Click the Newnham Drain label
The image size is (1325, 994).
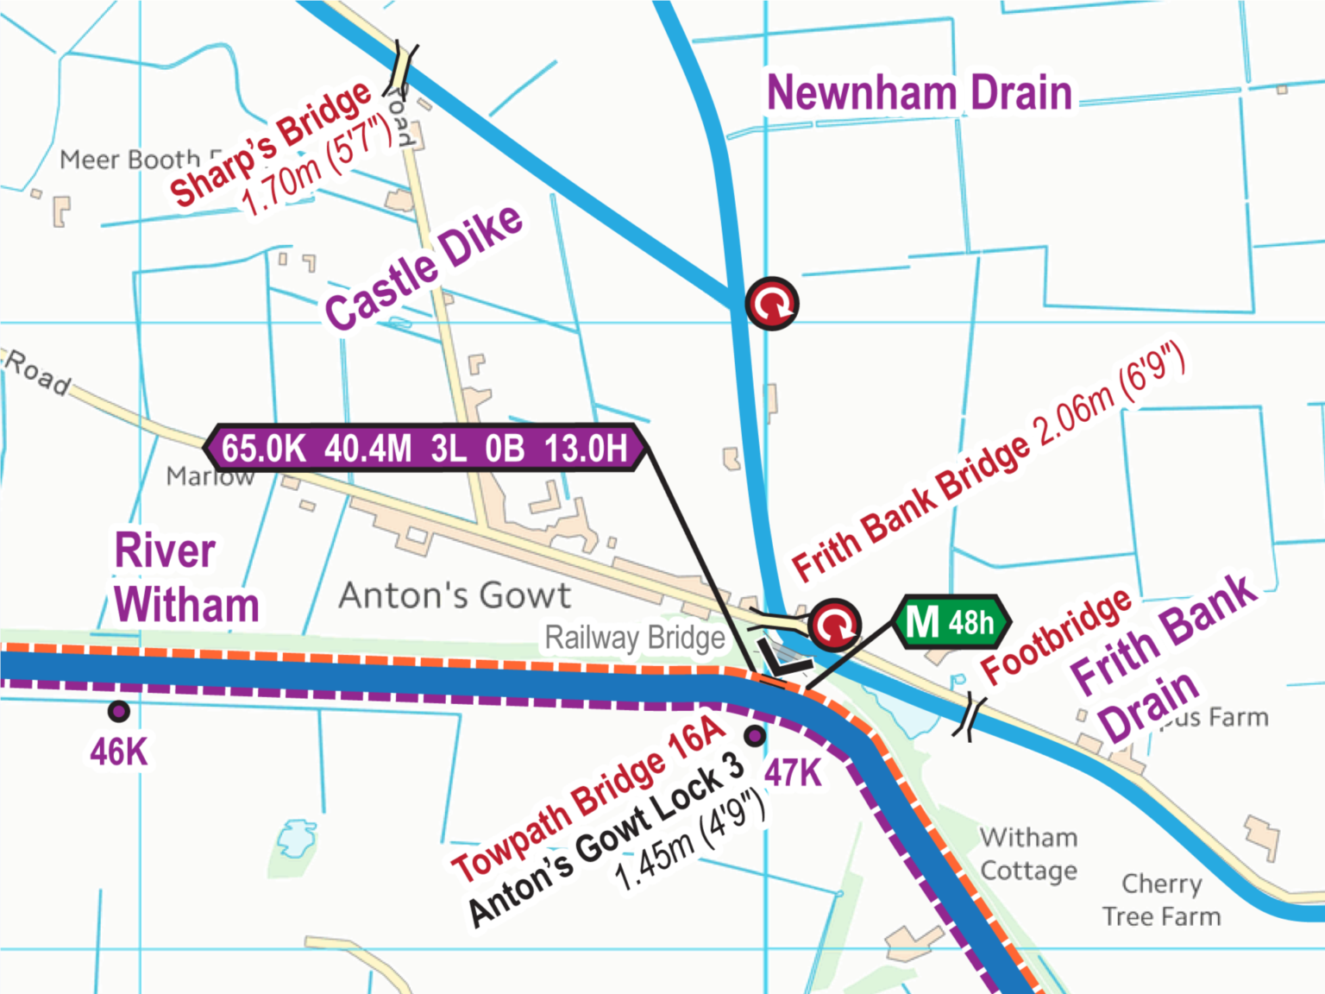[x=919, y=92]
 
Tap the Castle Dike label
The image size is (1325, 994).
[x=424, y=267]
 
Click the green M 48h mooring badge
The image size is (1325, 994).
[x=952, y=621]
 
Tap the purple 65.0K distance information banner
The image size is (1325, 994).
[x=425, y=448]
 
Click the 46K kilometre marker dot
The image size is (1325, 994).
[x=119, y=711]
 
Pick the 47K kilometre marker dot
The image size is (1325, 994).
[x=755, y=736]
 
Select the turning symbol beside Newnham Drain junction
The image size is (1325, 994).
[x=772, y=303]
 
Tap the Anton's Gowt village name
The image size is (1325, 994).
[x=455, y=595]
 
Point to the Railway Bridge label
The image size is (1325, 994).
[x=635, y=638]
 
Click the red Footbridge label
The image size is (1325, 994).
[x=1056, y=636]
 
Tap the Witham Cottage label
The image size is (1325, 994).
[x=1028, y=853]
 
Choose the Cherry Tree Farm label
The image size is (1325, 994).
[x=1161, y=899]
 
